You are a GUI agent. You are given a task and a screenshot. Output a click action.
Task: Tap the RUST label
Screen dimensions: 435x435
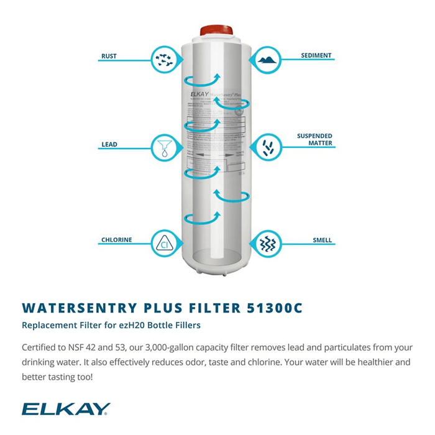tap(109, 57)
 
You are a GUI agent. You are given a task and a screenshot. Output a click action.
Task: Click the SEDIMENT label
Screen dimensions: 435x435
tap(316, 55)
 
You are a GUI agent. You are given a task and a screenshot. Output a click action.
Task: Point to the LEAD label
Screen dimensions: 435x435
tap(109, 145)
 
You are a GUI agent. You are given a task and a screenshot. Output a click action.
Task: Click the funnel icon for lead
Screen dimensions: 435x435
tap(165, 147)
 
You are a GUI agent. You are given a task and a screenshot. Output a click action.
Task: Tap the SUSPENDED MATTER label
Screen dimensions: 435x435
tap(314, 139)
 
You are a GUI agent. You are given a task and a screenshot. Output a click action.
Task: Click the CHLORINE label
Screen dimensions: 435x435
tap(116, 240)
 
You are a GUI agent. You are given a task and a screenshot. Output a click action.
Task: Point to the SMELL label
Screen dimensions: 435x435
tap(323, 240)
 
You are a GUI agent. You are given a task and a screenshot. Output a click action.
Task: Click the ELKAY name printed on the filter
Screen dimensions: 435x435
tap(201, 93)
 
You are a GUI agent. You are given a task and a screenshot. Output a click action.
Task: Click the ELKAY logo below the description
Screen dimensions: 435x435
tap(65, 408)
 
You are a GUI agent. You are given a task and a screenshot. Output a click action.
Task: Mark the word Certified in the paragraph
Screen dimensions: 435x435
tap(42, 347)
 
